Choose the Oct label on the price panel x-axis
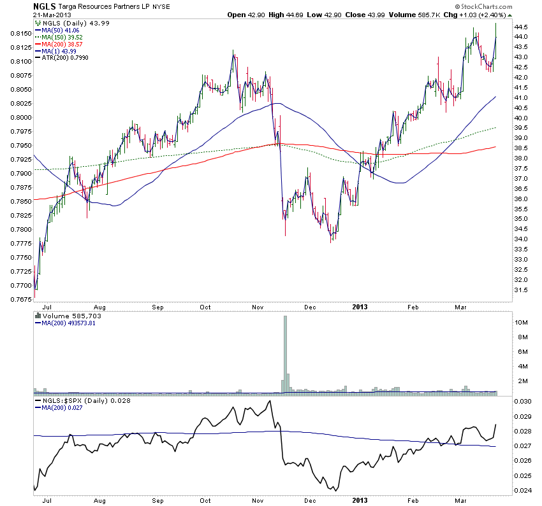click(x=205, y=307)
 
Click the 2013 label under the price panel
click(x=360, y=307)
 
